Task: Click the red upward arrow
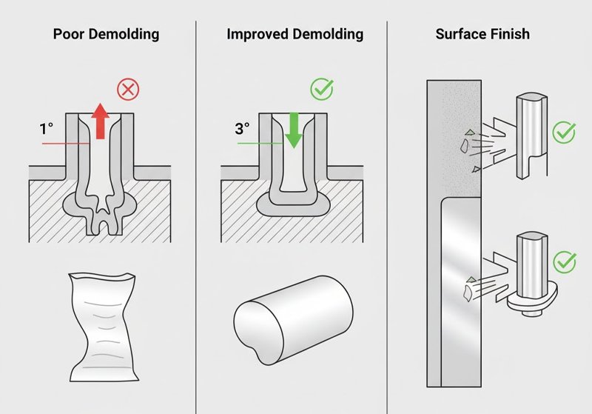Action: [100, 121]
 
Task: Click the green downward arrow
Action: [293, 130]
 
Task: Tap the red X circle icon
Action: [128, 90]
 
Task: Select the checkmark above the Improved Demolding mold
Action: [322, 89]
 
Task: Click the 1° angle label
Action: [47, 129]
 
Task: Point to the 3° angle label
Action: [242, 129]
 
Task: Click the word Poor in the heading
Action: [69, 34]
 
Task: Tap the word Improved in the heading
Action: [257, 34]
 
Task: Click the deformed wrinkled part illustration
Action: [103, 327]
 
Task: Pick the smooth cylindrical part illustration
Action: [293, 321]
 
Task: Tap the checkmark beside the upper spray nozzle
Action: [564, 133]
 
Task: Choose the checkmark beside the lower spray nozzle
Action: [565, 261]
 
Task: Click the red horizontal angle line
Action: [66, 144]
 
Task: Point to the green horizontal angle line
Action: [260, 144]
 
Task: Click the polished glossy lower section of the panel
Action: [461, 292]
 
